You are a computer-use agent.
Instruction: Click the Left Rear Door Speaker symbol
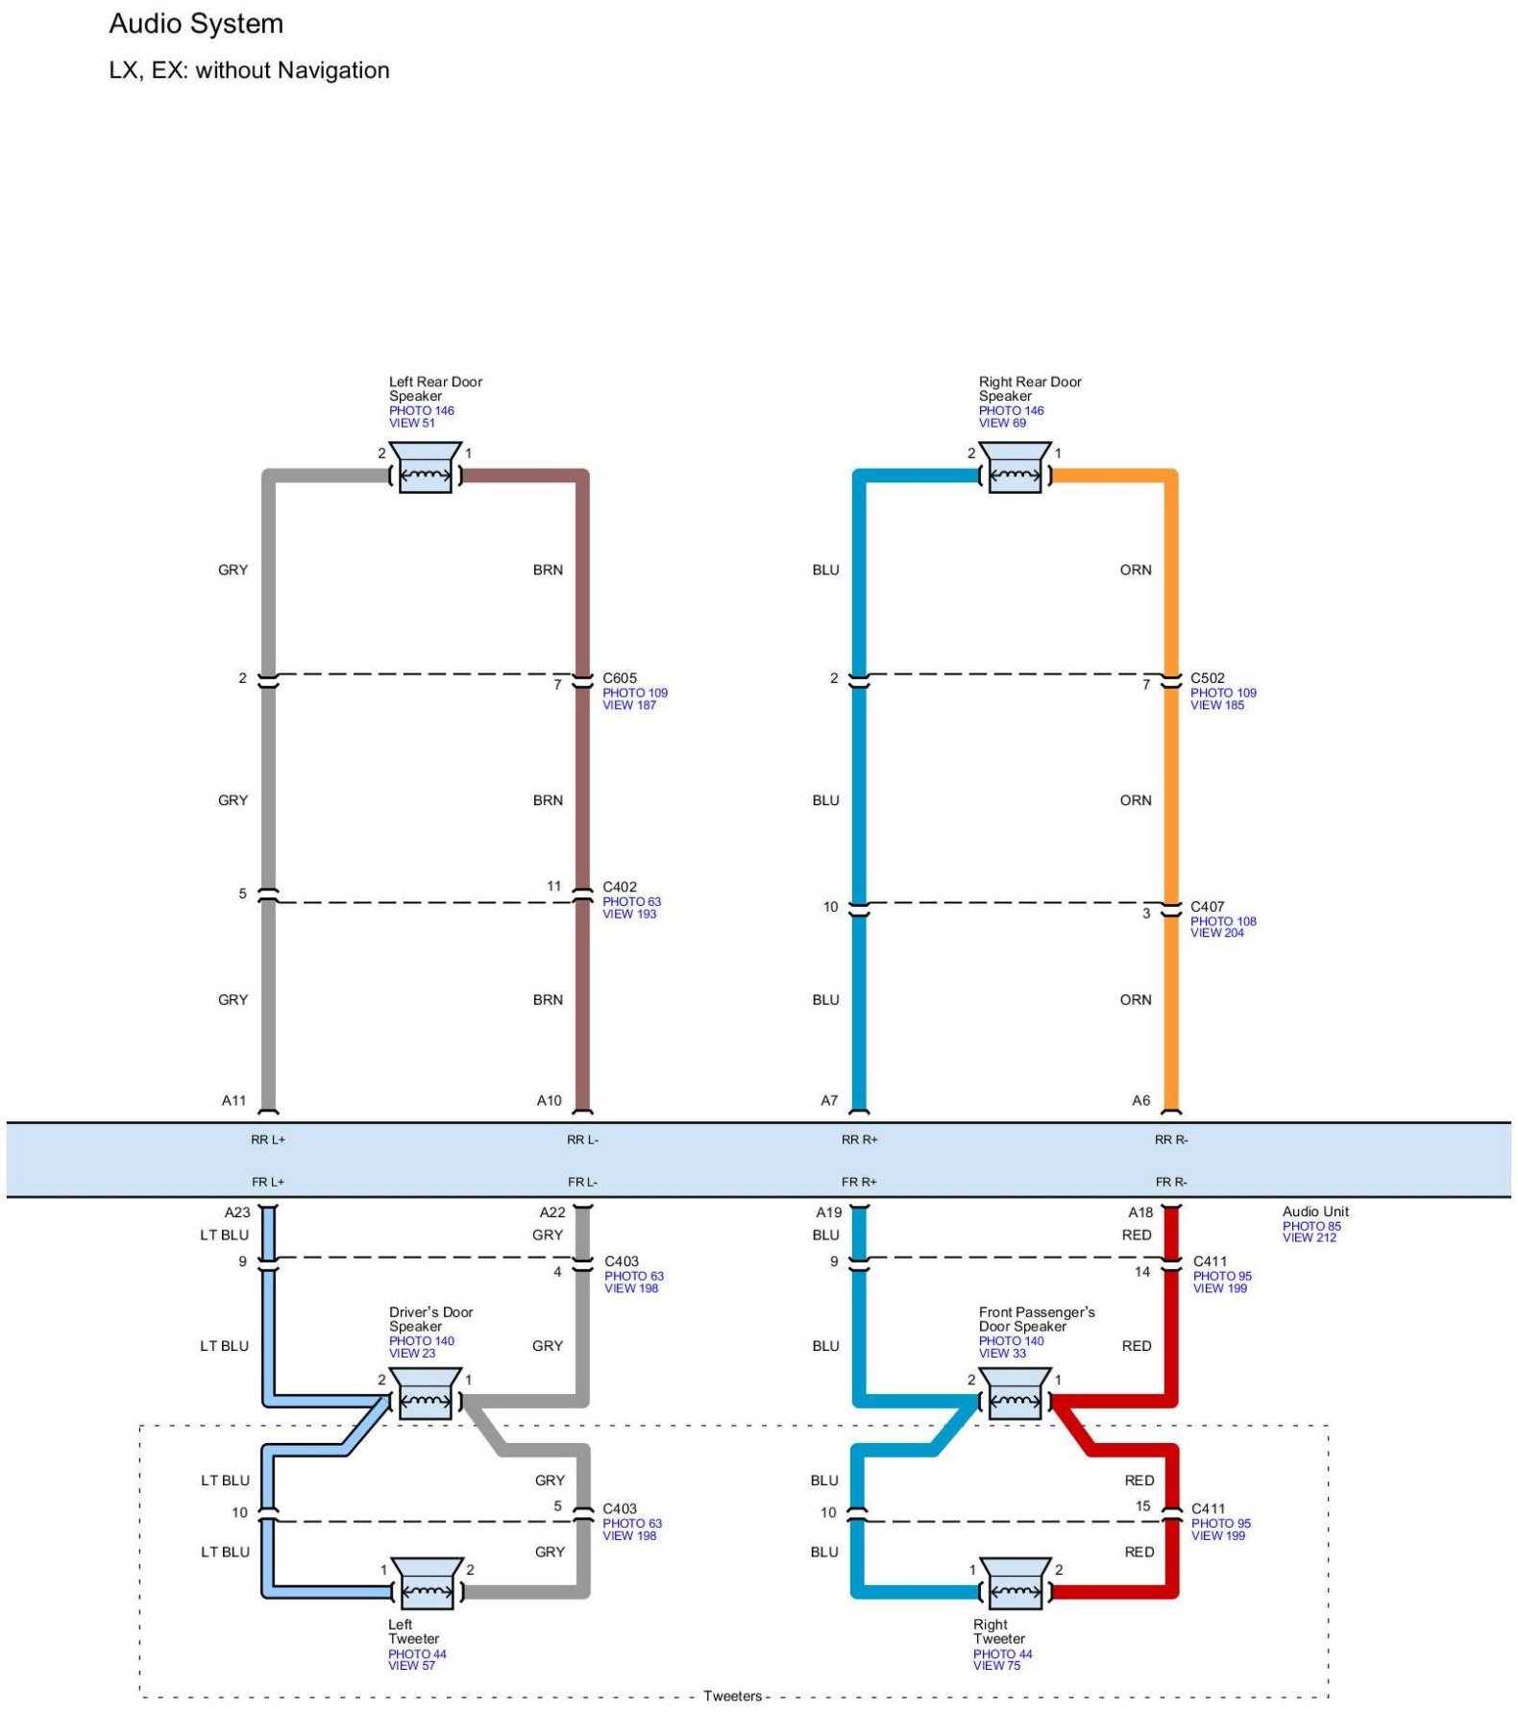point(426,470)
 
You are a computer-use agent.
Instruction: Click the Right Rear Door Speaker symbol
point(1015,470)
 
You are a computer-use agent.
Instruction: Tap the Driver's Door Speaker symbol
point(426,1395)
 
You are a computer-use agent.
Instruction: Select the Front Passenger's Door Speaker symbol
point(1015,1395)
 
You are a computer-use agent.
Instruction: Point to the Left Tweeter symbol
point(426,1585)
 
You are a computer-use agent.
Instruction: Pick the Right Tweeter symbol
point(1015,1585)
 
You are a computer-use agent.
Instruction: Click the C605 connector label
point(620,678)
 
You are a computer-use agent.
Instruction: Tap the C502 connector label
point(1208,678)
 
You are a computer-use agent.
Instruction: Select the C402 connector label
point(620,887)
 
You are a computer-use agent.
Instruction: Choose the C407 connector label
point(1208,906)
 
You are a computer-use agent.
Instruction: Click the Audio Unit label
point(1315,1212)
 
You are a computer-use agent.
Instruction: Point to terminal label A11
point(234,1101)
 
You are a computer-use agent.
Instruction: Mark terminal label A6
point(1140,1101)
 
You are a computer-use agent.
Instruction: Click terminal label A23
point(237,1212)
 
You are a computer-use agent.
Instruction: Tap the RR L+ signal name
point(268,1140)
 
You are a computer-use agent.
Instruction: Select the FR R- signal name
point(1171,1183)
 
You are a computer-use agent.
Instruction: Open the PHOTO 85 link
point(1311,1226)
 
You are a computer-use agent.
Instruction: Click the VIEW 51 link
point(412,423)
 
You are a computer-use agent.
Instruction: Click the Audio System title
point(196,24)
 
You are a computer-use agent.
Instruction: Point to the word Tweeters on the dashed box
point(732,1696)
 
